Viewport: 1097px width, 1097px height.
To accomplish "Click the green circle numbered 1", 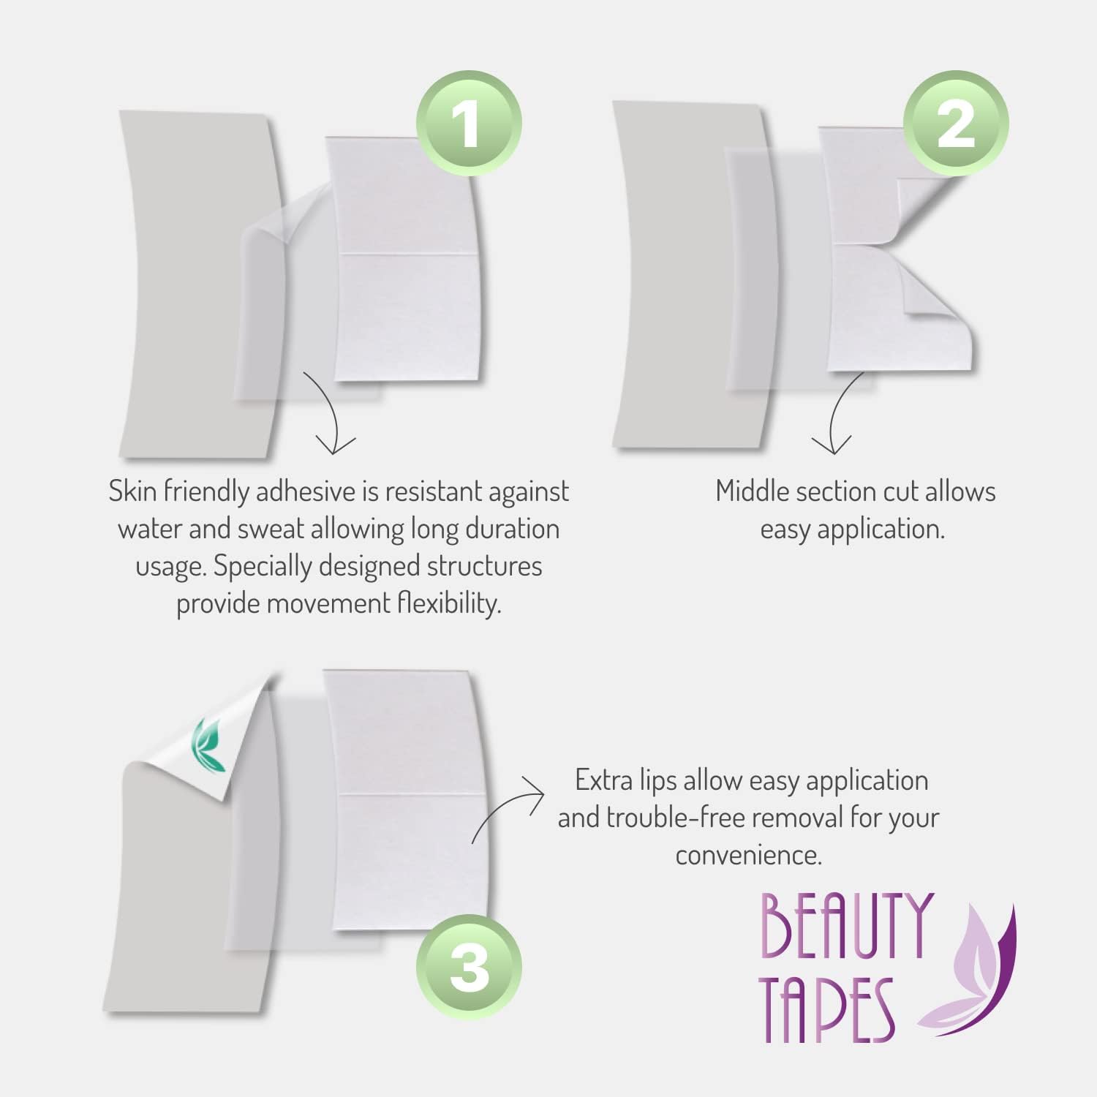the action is tap(469, 123).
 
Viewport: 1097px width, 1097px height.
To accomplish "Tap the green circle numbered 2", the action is tap(956, 123).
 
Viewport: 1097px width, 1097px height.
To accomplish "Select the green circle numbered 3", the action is tap(469, 967).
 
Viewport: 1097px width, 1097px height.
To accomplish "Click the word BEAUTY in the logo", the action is tap(846, 926).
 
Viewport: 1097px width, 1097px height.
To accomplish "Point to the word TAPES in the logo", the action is tap(826, 1009).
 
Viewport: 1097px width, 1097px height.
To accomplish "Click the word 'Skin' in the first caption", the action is tap(132, 491).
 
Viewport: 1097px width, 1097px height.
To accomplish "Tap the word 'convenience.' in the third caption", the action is tap(749, 855).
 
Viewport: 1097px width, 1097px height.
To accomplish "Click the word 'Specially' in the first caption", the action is tap(263, 567).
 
